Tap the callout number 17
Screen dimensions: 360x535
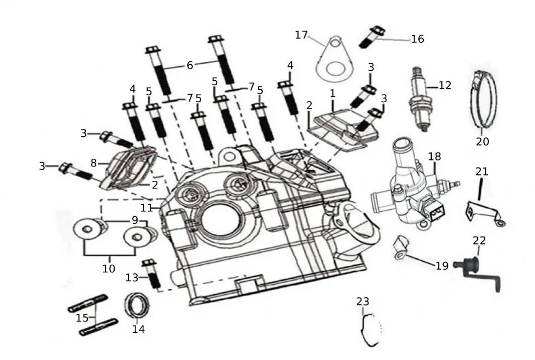click(301, 35)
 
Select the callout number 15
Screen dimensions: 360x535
click(82, 318)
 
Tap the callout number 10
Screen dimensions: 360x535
click(109, 268)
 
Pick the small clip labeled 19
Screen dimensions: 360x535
click(401, 247)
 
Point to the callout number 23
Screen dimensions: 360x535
click(362, 302)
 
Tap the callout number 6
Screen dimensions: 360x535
click(190, 65)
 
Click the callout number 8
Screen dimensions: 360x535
click(94, 163)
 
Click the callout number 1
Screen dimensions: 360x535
click(332, 93)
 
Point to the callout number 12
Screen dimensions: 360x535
click(445, 85)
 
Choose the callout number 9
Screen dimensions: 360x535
click(135, 220)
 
